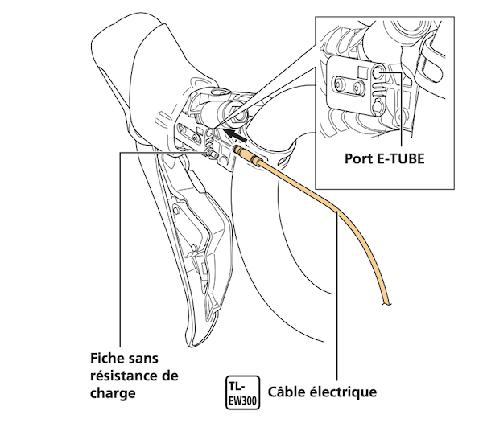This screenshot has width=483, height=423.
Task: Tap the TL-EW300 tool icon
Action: click(x=243, y=392)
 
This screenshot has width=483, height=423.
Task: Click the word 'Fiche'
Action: click(x=108, y=359)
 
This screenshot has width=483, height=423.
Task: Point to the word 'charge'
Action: click(x=113, y=394)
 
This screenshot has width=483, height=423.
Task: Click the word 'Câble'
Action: click(x=286, y=392)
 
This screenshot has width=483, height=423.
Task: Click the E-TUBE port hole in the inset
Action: click(x=378, y=72)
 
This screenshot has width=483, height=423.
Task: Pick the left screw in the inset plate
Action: click(x=339, y=85)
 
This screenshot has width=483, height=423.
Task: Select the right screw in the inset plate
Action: click(x=358, y=88)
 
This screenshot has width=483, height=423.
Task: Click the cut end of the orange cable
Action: click(x=387, y=303)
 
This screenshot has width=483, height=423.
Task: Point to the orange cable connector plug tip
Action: click(x=236, y=150)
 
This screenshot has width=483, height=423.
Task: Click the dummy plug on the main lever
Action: click(x=210, y=153)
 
